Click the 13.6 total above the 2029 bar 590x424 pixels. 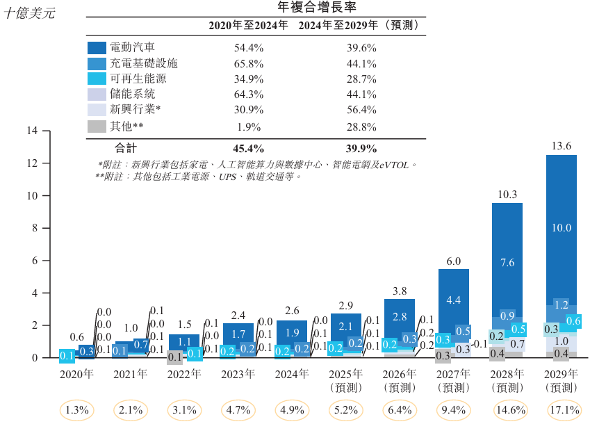tap(561, 146)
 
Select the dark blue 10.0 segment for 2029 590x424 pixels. tap(562, 228)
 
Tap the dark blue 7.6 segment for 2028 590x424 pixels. tap(507, 262)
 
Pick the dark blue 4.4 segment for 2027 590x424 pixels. tap(454, 300)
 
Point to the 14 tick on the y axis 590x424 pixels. tap(32, 131)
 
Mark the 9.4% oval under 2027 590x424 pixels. tap(454, 410)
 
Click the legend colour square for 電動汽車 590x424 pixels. tap(97, 48)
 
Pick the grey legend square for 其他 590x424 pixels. tap(97, 127)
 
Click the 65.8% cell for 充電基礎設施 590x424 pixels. tap(248, 63)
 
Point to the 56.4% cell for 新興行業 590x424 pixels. tap(361, 110)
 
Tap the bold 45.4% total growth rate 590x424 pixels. tap(248, 148)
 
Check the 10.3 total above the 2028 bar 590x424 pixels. tap(507, 195)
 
